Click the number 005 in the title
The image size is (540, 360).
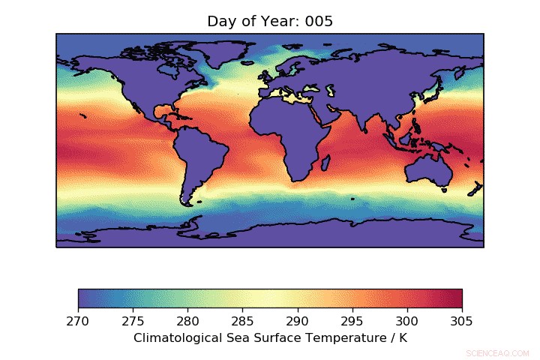click(x=319, y=21)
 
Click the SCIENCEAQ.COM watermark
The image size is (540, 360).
click(x=497, y=352)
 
